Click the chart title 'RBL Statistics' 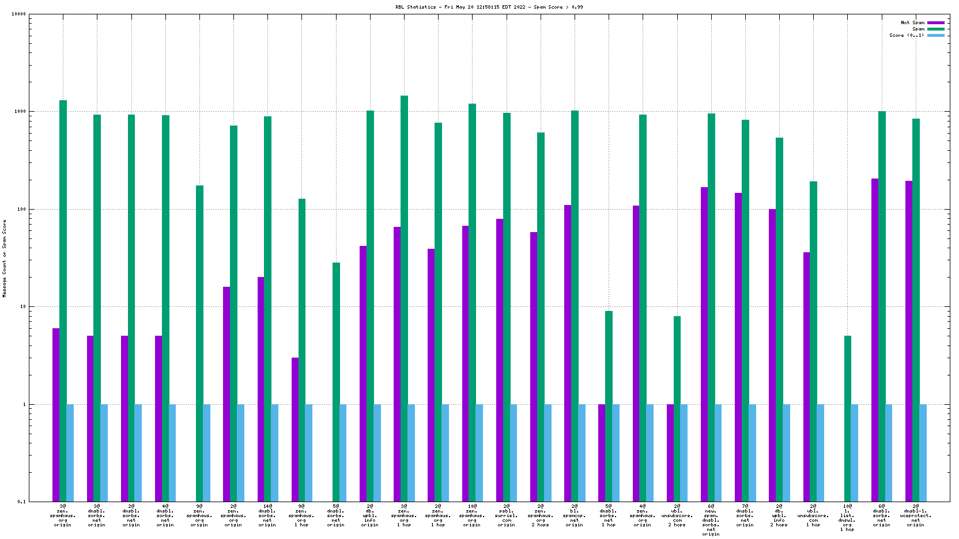[415, 7]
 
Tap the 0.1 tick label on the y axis [21, 502]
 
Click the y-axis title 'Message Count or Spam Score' [5, 258]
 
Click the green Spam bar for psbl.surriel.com [507, 307]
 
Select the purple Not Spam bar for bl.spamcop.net [568, 353]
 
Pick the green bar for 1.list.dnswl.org [847, 419]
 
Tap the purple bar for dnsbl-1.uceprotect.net [909, 341]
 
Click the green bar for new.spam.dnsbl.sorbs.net [711, 308]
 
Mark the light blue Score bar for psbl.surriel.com [514, 453]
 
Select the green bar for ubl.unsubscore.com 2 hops [677, 409]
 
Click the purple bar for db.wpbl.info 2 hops [772, 355]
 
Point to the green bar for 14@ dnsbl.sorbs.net [267, 309]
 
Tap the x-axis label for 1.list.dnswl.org [847, 518]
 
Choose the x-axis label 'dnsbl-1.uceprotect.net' [915, 515]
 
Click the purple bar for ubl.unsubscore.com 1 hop [806, 377]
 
